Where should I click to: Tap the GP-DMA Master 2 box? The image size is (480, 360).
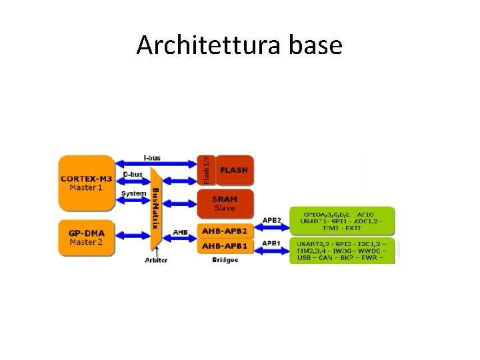tap(86, 237)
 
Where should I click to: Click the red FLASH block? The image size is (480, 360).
tap(233, 171)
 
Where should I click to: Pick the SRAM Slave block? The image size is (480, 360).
tap(225, 203)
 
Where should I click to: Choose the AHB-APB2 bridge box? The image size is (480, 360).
tap(225, 231)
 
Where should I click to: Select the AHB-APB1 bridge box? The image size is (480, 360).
tap(225, 247)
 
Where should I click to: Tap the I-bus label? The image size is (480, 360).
tap(152, 158)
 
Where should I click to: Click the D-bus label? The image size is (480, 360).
tap(133, 175)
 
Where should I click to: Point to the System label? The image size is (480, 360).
tap(133, 193)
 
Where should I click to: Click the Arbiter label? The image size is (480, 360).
tap(157, 260)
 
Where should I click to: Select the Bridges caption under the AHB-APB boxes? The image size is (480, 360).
tap(225, 259)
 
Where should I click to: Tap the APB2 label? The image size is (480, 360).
tap(271, 220)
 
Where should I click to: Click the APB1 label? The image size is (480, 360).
tap(271, 243)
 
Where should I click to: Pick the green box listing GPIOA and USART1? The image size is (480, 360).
tap(342, 220)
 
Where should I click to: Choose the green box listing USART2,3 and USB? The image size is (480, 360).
tap(342, 251)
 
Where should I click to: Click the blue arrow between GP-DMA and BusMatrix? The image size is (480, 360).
tap(133, 235)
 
